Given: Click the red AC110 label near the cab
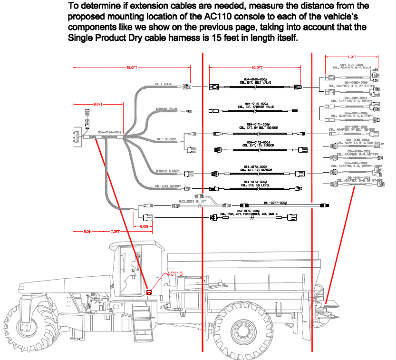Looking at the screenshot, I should pos(174,274).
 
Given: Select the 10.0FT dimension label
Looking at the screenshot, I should pos(257,68).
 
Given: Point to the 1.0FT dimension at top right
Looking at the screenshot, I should pos(352,58).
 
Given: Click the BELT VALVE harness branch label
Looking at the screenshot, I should pos(164,84).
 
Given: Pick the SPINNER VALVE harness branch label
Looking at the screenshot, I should pos(166,109).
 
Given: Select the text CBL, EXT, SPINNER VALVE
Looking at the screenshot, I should pos(257,106).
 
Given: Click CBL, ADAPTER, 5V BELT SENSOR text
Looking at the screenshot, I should pos(349,129).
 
